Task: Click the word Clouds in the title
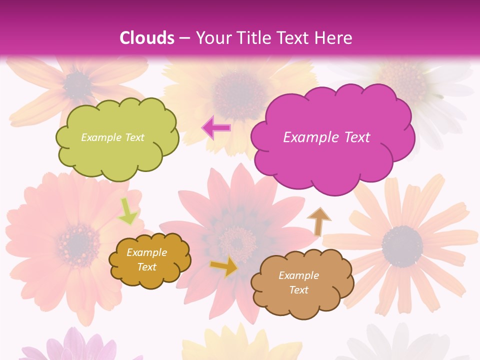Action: point(146,38)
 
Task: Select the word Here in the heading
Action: point(334,38)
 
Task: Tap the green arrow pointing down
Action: point(127,211)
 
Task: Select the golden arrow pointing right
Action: point(224,267)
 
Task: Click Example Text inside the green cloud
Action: point(112,137)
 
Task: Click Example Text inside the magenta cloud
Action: point(326,137)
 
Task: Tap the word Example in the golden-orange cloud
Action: point(146,252)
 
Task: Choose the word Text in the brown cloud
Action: point(298,290)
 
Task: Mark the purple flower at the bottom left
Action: point(75,347)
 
